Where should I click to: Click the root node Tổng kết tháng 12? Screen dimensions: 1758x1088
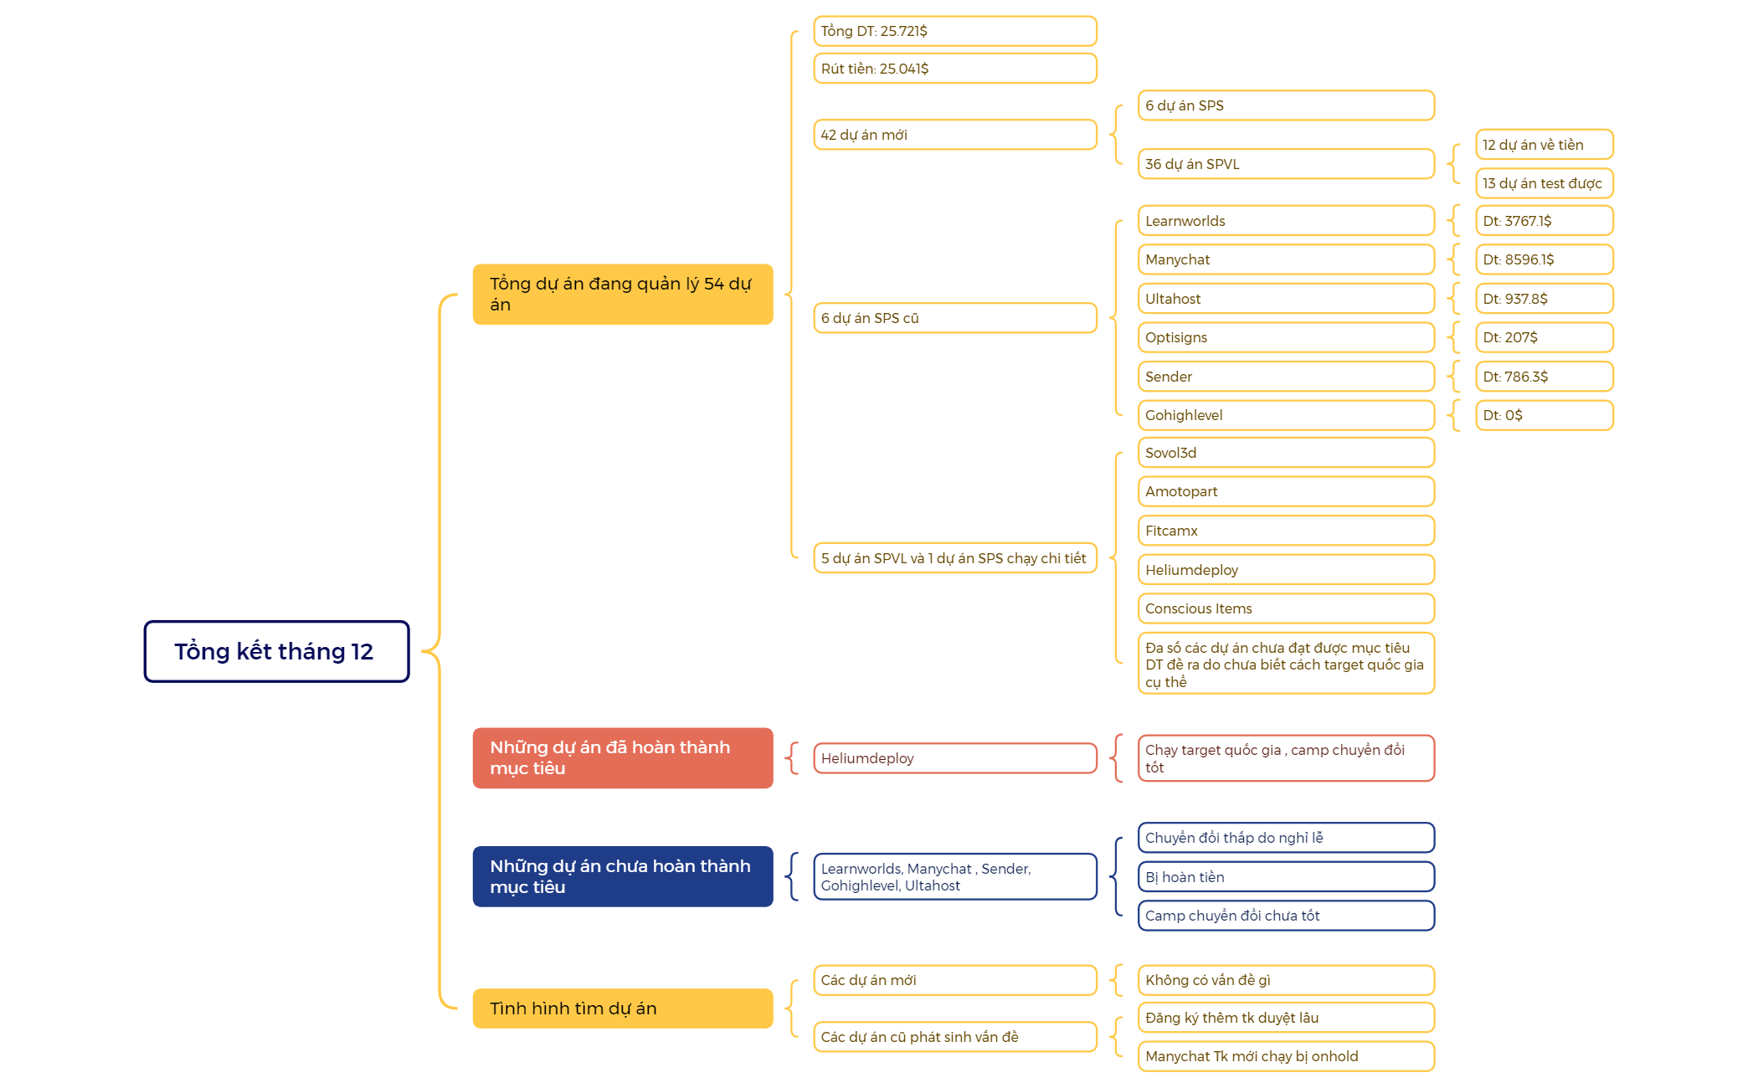[x=276, y=651]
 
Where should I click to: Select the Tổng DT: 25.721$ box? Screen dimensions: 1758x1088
[x=955, y=31]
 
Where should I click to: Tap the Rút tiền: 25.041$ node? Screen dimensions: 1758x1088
[x=955, y=69]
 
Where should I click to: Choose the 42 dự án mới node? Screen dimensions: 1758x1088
[x=955, y=135]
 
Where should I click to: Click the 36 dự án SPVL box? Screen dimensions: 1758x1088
[x=1286, y=164]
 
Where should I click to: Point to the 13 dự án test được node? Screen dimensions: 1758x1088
[x=1545, y=183]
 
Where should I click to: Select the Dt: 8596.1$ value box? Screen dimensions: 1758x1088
[x=1545, y=259]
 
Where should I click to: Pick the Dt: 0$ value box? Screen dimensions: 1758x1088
[x=1545, y=415]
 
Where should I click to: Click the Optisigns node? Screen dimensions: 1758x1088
[x=1286, y=337]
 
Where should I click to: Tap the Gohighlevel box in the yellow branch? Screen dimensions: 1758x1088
[x=1286, y=415]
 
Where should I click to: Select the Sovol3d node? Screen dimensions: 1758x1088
[x=1286, y=453]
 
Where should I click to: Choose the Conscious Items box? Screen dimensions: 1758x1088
[x=1286, y=608]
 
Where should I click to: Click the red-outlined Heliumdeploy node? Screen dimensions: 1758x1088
[x=955, y=758]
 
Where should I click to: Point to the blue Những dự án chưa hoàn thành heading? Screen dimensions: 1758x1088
[x=623, y=876]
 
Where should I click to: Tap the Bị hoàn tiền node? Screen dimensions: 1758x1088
[x=1286, y=877]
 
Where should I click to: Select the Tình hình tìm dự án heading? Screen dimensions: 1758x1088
[x=623, y=1008]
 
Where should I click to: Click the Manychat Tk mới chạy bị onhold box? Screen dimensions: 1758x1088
[x=1286, y=1056]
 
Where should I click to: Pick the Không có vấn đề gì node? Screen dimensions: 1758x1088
[x=1286, y=980]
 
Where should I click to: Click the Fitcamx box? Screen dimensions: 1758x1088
[x=1286, y=531]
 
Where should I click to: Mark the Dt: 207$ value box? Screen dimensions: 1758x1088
[x=1545, y=337]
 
